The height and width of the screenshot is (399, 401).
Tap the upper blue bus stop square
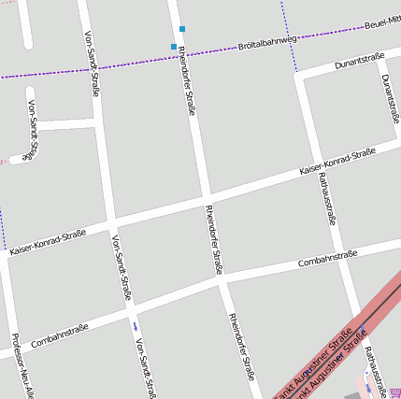point(182,29)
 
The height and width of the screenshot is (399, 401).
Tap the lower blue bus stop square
point(174,47)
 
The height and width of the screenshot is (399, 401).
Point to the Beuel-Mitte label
point(382,21)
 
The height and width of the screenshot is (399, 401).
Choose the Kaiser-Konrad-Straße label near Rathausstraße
point(337,161)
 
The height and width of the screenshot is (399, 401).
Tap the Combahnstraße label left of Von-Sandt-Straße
point(59,335)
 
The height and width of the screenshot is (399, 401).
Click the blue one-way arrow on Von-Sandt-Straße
point(136,326)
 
